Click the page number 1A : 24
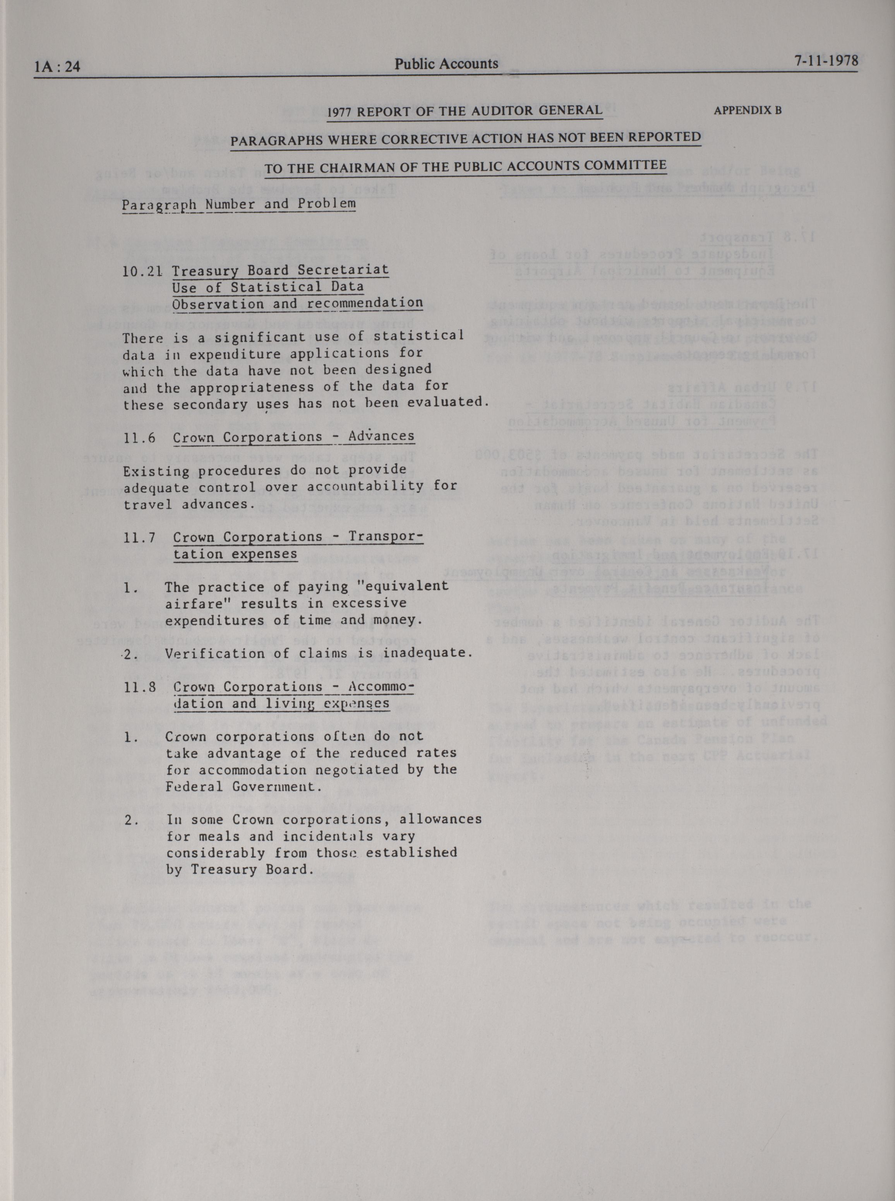(x=57, y=67)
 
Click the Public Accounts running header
(x=446, y=64)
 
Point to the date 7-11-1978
(x=826, y=61)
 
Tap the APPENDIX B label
(x=747, y=110)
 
